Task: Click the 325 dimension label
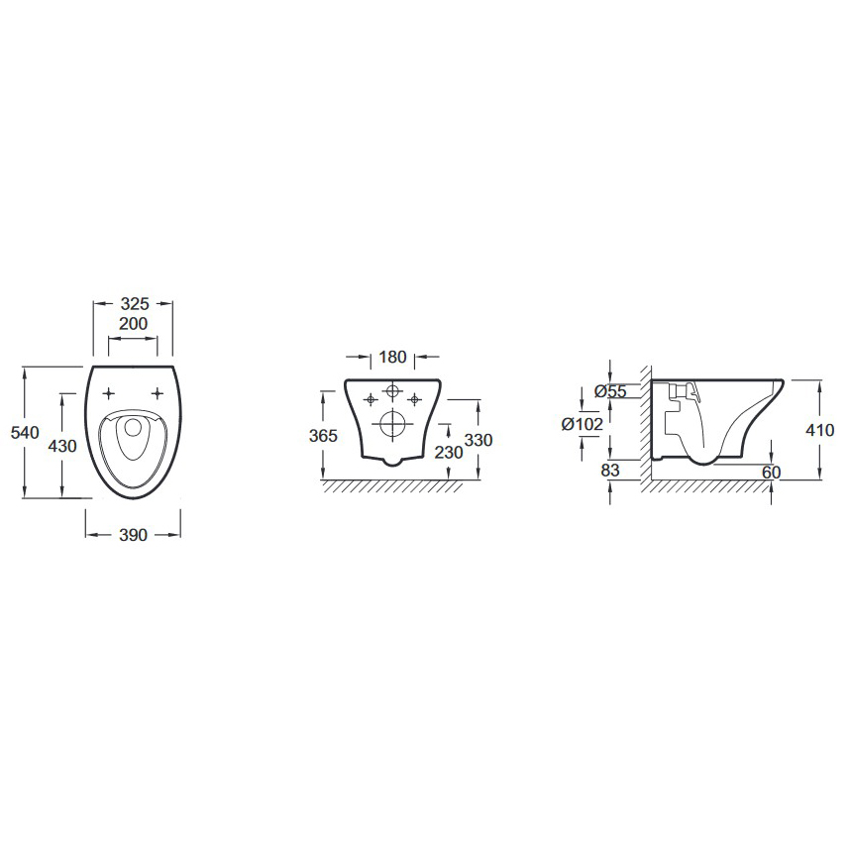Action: (135, 304)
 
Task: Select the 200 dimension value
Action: (133, 324)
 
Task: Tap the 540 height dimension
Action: (25, 432)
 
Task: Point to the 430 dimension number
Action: (62, 446)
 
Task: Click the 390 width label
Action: (133, 535)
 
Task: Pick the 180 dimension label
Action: (392, 357)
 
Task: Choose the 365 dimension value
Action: (323, 435)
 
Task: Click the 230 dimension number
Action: (449, 452)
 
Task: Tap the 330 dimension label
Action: (478, 440)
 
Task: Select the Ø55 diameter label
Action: (610, 391)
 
